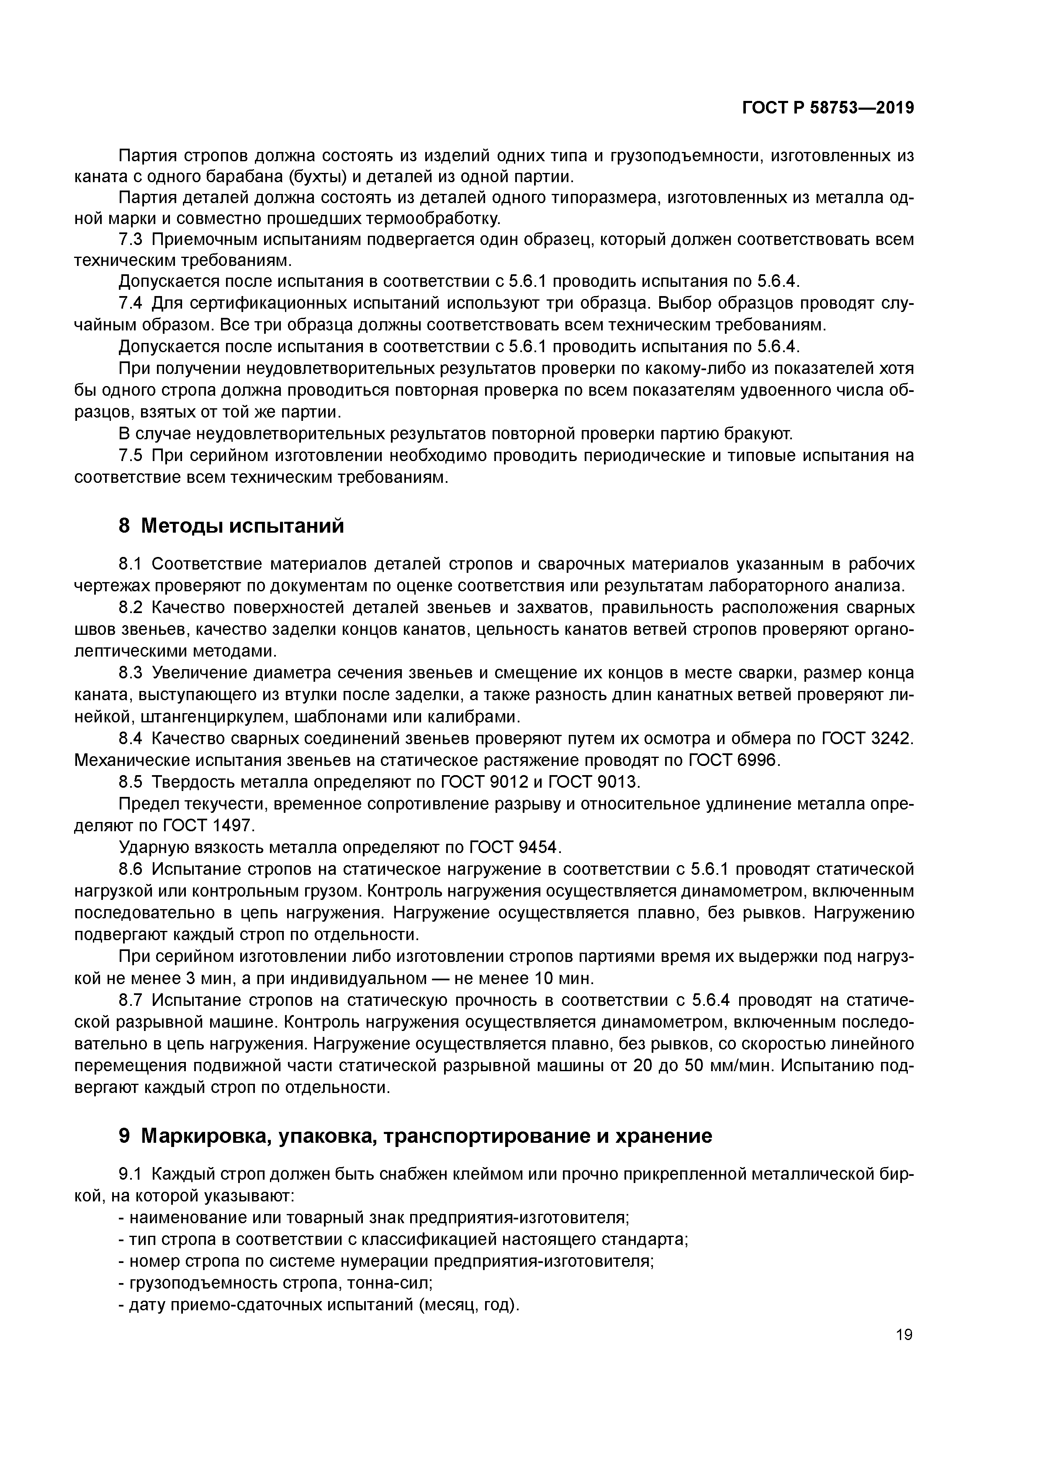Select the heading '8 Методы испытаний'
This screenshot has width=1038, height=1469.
tap(231, 526)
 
